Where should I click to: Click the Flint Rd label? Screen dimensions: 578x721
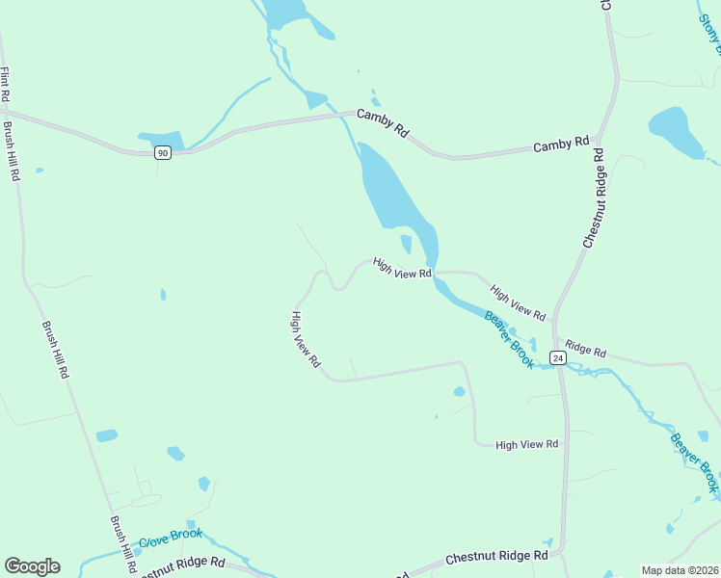6,84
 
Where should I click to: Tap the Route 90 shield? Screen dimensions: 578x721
163,153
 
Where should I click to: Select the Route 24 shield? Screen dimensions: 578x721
557,357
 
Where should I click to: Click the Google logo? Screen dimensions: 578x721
32,566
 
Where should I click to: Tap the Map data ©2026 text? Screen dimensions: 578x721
680,570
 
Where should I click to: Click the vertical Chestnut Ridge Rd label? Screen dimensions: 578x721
592,198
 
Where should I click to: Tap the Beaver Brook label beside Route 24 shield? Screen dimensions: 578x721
509,339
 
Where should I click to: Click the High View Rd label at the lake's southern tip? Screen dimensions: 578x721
401,269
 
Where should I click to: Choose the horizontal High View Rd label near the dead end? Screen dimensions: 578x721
526,444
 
